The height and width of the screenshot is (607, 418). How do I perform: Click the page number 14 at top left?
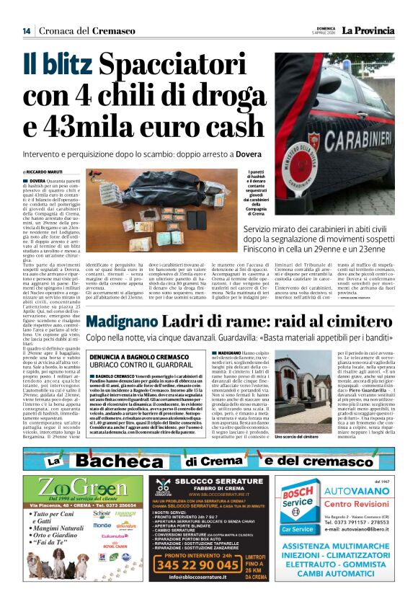click(x=27, y=31)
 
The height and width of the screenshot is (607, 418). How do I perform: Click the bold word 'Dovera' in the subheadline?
click(x=241, y=154)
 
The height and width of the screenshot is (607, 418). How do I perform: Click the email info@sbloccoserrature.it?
click(x=205, y=597)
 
